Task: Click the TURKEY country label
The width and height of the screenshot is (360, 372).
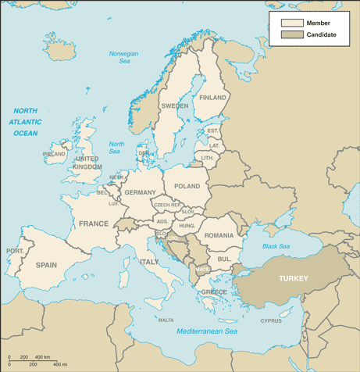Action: pyautogui.click(x=294, y=278)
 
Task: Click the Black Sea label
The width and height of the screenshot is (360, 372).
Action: pyautogui.click(x=275, y=246)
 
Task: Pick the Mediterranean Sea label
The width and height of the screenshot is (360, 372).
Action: pyautogui.click(x=206, y=332)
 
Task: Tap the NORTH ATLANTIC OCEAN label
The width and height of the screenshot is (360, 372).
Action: pyautogui.click(x=25, y=122)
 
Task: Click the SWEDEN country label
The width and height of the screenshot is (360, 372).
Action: pyautogui.click(x=174, y=106)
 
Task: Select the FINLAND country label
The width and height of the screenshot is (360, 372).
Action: pyautogui.click(x=212, y=98)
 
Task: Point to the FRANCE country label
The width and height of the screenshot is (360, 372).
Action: pyautogui.click(x=93, y=224)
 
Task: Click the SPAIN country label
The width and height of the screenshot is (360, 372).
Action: pyautogui.click(x=46, y=265)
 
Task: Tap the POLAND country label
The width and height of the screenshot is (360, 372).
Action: pyautogui.click(x=187, y=187)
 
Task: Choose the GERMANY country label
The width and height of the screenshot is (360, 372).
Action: pyautogui.click(x=140, y=192)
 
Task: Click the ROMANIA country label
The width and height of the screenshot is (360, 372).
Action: pyautogui.click(x=219, y=235)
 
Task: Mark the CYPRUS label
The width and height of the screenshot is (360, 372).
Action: pyautogui.click(x=270, y=320)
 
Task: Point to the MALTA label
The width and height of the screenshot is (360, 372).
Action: pyautogui.click(x=166, y=320)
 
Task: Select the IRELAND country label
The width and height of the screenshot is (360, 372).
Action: pyautogui.click(x=54, y=154)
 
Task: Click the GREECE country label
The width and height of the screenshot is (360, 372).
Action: pyautogui.click(x=214, y=292)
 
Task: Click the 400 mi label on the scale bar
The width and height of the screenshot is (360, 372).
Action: pyautogui.click(x=59, y=365)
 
